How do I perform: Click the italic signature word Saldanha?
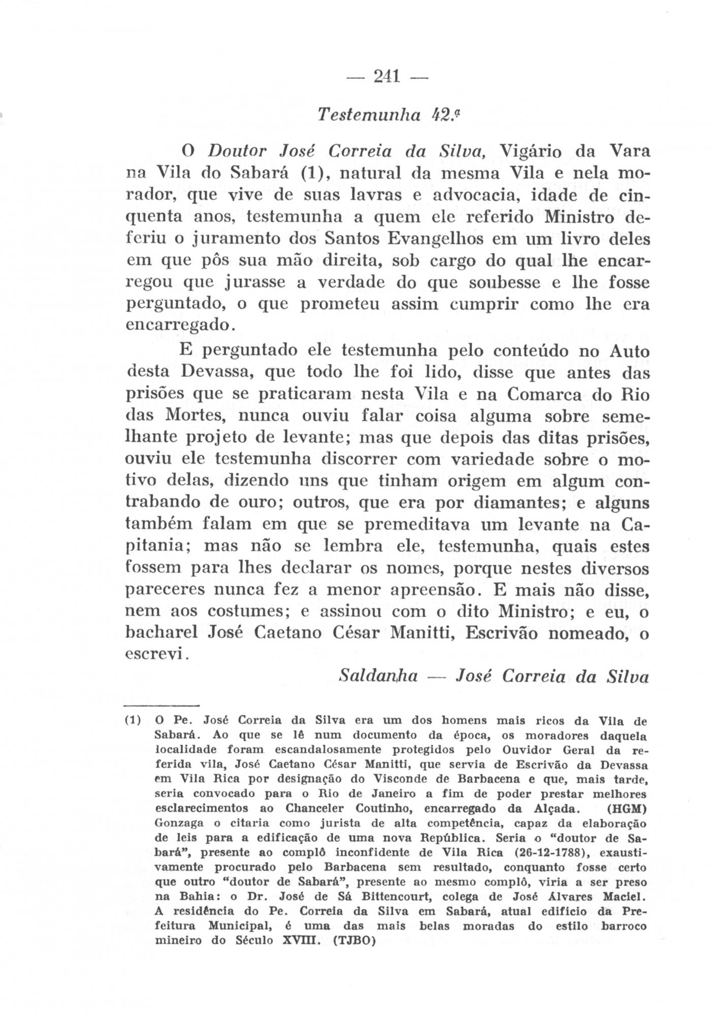(x=378, y=676)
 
